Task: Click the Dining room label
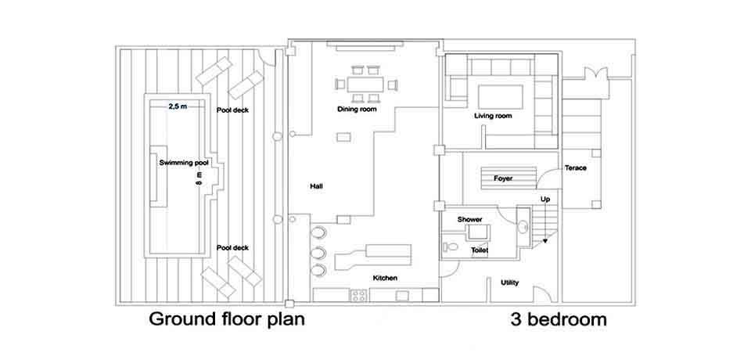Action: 357,110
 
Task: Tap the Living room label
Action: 493,117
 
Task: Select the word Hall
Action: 317,186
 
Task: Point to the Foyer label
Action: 503,178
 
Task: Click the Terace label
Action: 576,168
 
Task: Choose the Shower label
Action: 469,219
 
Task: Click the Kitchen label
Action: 385,279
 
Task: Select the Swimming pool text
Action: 184,162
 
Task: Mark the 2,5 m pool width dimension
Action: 178,106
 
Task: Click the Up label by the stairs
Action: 545,200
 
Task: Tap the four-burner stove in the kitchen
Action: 359,296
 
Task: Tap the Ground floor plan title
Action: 226,319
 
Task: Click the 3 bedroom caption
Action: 558,320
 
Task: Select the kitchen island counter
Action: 374,256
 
